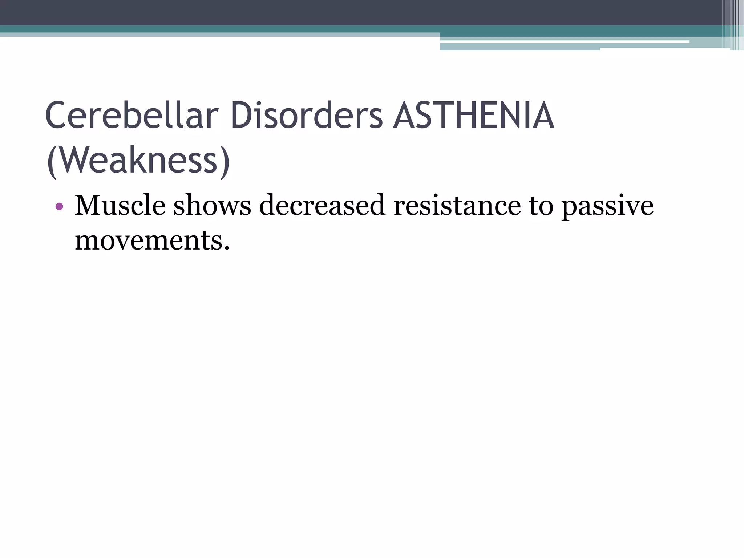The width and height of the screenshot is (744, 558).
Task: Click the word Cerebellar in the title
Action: click(x=132, y=116)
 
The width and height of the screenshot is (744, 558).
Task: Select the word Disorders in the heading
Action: click(x=307, y=116)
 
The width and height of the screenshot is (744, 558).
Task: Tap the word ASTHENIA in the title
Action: click(x=473, y=116)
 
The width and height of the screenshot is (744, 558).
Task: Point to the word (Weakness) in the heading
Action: click(x=138, y=161)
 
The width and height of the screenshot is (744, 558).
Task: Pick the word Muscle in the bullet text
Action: click(x=120, y=206)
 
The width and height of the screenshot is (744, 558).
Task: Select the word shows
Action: click(x=212, y=206)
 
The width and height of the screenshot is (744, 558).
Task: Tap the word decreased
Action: click(x=322, y=206)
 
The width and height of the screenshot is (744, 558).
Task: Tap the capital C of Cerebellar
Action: click(x=58, y=116)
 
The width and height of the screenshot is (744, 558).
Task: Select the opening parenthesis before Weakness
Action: click(x=52, y=162)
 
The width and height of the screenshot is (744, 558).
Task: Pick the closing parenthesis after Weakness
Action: click(x=225, y=162)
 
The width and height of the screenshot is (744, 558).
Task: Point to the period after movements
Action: click(x=227, y=248)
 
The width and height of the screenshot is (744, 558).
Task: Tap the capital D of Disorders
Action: click(x=243, y=116)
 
